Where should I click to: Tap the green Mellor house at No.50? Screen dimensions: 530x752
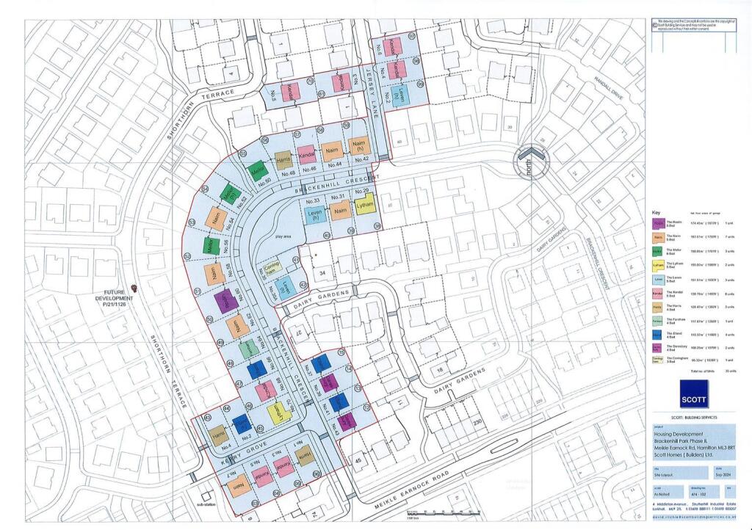(x=257, y=172)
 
